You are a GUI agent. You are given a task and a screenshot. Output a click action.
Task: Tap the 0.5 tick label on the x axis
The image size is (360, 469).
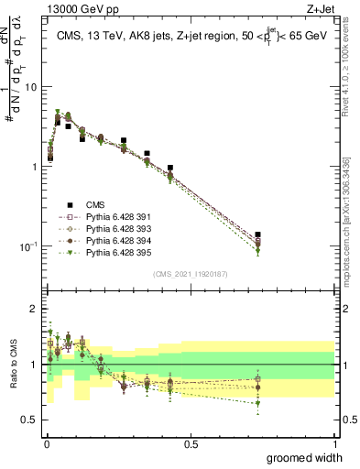(x=191, y=443)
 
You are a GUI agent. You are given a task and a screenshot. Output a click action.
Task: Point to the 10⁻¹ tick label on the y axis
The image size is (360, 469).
(x=27, y=246)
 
